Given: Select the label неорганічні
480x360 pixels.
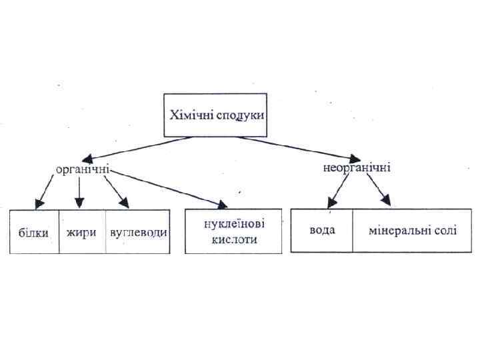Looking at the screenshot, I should [357, 167].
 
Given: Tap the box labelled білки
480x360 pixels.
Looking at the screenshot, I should [33, 233].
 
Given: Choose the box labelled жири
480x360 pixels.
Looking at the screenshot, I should [81, 233].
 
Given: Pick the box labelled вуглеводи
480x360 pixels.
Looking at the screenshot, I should [139, 233].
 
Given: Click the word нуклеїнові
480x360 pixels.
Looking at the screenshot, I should [231, 225].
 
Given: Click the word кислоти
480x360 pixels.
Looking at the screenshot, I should [231, 239].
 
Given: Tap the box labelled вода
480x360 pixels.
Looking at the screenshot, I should [322, 231].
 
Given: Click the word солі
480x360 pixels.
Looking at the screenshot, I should [443, 231].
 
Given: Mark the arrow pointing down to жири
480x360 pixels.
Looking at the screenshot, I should [79, 191].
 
